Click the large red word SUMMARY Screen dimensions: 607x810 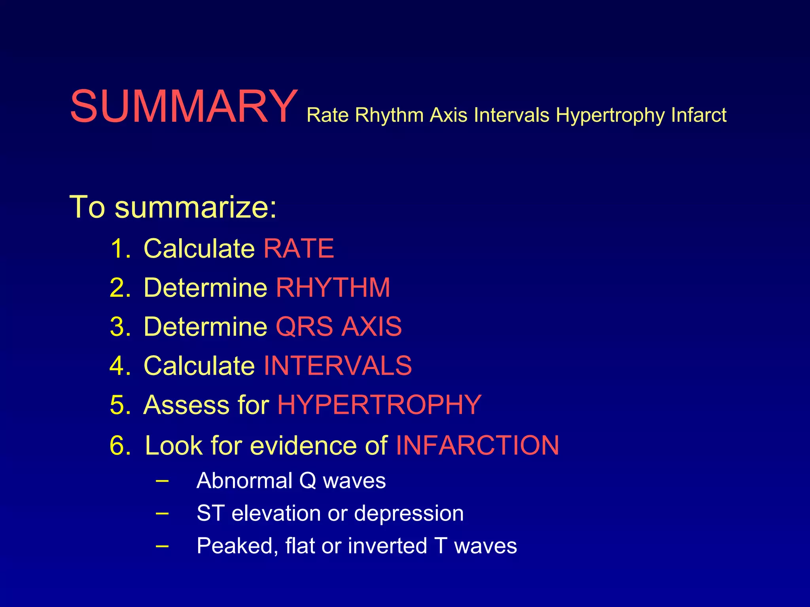184,107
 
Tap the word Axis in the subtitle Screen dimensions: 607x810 449,115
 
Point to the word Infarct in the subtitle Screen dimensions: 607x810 698,115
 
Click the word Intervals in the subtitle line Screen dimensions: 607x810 511,115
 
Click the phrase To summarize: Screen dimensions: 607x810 173,207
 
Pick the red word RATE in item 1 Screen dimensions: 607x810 299,249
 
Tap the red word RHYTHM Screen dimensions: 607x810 333,287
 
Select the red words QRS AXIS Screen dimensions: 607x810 339,327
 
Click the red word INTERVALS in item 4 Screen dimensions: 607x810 337,366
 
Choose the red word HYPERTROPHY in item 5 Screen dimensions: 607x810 379,405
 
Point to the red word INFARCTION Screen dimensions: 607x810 477,445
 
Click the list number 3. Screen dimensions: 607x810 120,327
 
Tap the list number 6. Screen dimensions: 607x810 120,445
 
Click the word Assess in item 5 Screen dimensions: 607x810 186,405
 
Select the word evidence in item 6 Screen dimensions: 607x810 304,445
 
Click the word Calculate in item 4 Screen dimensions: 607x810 199,366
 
